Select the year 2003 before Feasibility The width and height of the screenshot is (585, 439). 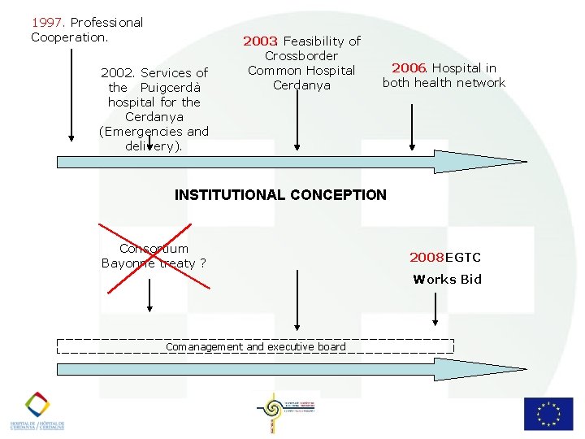(x=261, y=41)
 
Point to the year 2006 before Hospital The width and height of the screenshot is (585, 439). (x=409, y=68)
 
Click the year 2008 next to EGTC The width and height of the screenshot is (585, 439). (x=427, y=258)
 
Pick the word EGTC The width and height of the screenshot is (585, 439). (x=463, y=258)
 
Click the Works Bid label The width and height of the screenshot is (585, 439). (x=447, y=280)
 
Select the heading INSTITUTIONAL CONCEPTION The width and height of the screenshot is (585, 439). (x=281, y=195)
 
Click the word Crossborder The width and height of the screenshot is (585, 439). (x=301, y=56)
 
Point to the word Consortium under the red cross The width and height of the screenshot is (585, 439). (x=154, y=249)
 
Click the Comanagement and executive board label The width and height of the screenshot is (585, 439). (x=255, y=347)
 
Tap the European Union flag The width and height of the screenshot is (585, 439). (x=548, y=413)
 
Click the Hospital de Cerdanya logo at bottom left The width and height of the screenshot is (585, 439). (x=37, y=411)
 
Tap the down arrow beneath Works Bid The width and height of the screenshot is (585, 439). (x=437, y=309)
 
